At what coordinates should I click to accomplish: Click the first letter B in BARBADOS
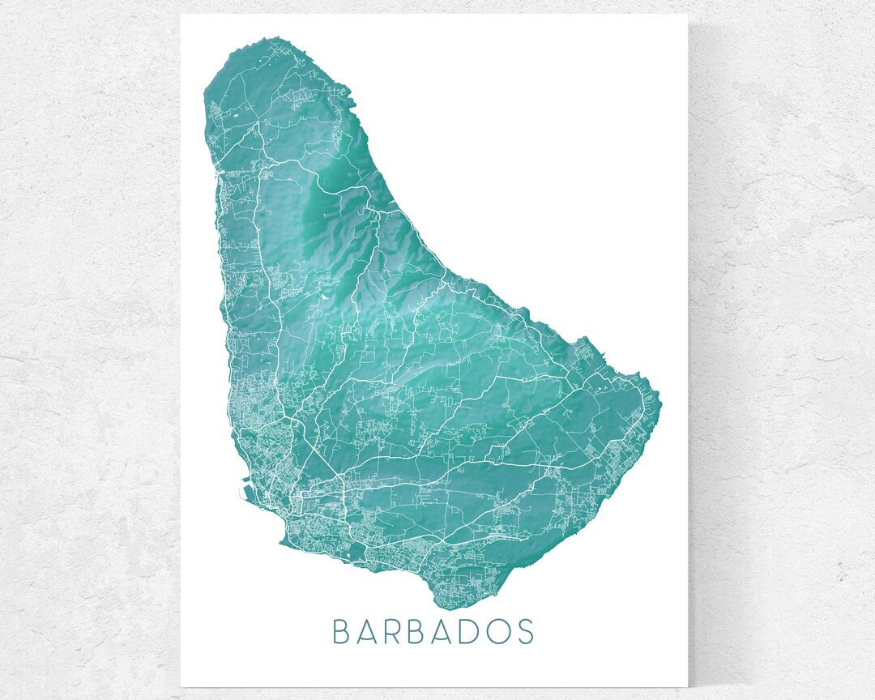[341, 631]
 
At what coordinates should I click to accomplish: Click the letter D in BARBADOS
[474, 631]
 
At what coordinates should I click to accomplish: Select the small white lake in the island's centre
[325, 297]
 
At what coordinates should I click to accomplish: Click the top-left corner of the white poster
[181, 15]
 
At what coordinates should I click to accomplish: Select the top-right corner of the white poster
[687, 15]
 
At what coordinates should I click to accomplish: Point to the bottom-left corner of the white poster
[181, 685]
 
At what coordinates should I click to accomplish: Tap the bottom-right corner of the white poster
[687, 685]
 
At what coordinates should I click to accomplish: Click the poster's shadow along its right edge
[692, 348]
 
